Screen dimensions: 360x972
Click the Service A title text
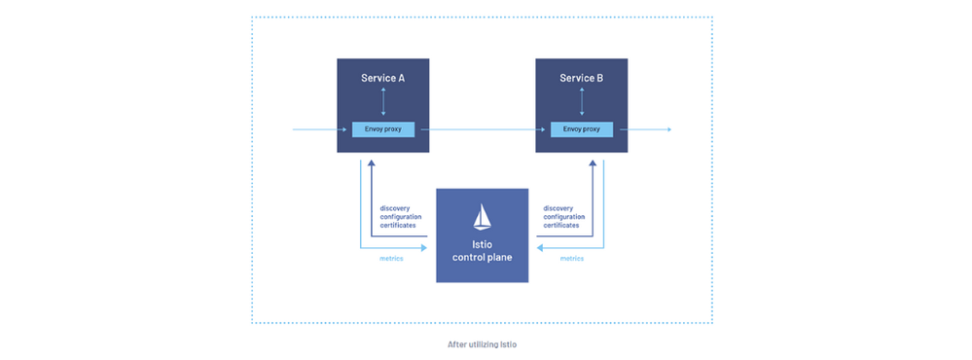click(x=382, y=77)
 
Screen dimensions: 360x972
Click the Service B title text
click(x=581, y=77)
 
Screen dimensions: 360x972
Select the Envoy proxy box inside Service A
click(x=382, y=129)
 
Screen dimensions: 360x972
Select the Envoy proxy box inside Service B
click(x=581, y=129)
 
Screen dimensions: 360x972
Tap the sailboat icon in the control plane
click(x=482, y=216)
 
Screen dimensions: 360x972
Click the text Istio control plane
click(x=482, y=250)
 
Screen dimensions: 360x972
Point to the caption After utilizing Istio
click(x=482, y=343)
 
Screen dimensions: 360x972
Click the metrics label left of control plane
click(x=392, y=259)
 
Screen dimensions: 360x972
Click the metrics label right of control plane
click(x=571, y=259)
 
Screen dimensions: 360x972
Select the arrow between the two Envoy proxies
click(x=477, y=129)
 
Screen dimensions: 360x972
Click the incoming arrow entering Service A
click(x=316, y=129)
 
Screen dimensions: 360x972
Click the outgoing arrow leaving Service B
click(x=647, y=129)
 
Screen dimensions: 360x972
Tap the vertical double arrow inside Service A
click(x=382, y=102)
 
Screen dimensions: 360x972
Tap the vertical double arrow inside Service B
click(x=581, y=102)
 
